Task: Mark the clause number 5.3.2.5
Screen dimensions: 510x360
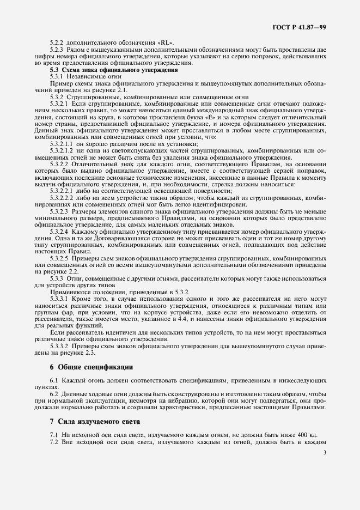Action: click(x=59, y=257)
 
